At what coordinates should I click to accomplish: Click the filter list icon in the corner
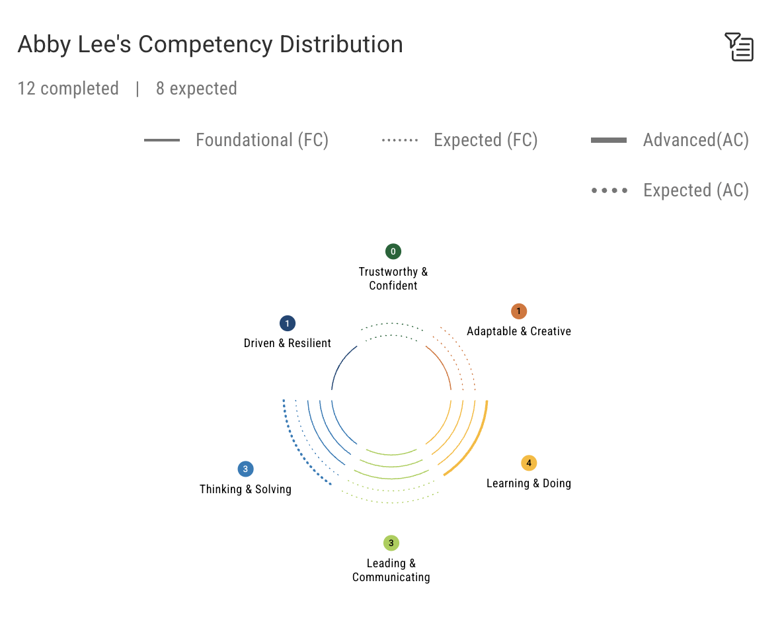click(x=739, y=47)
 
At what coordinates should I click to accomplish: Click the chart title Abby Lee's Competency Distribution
click(x=210, y=44)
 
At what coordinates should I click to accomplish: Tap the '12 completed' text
click(x=68, y=89)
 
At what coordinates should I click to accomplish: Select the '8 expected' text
click(x=196, y=89)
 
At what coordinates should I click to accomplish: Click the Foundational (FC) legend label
click(x=262, y=140)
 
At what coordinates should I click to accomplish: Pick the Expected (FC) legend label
click(x=485, y=140)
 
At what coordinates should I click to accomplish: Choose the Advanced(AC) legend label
click(x=695, y=140)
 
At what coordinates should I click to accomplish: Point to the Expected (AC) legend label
click(x=695, y=190)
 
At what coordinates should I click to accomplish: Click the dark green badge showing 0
click(x=393, y=251)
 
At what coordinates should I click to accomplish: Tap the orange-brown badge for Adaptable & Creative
click(x=519, y=311)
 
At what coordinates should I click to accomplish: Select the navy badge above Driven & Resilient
click(x=287, y=323)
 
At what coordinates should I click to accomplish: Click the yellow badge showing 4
click(x=528, y=463)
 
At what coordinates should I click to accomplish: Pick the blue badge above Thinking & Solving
click(x=245, y=469)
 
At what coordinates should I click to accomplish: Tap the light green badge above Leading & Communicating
click(x=391, y=543)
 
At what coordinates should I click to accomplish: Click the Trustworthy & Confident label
click(x=393, y=278)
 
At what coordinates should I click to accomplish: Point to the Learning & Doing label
click(x=528, y=483)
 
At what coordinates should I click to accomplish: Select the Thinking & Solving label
click(x=245, y=489)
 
